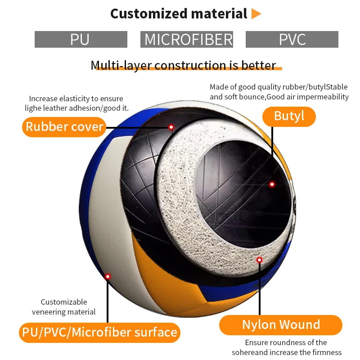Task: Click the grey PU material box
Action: coord(81,40)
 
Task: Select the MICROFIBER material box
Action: coord(187,40)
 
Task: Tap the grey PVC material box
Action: coord(292,40)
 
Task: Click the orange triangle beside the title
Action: coord(256,14)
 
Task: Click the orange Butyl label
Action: coord(289,116)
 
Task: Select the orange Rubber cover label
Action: coord(64,126)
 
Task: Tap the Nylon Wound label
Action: coord(281,324)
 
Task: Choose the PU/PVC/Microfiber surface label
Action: coord(99,333)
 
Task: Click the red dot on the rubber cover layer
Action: coord(171,127)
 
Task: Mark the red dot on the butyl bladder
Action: coord(272,184)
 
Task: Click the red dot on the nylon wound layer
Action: coord(259,260)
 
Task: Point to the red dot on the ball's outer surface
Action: coord(108,276)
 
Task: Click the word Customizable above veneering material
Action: coord(64,302)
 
